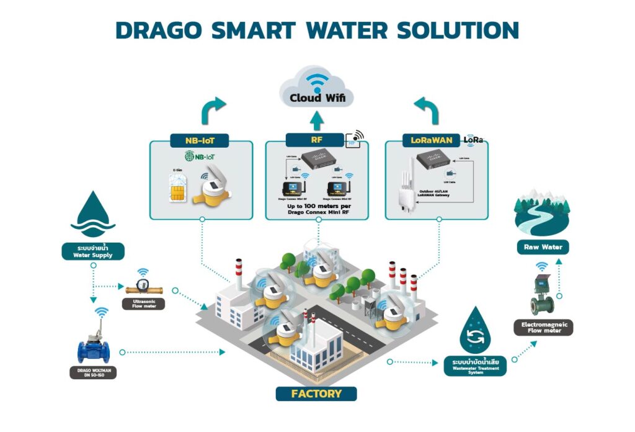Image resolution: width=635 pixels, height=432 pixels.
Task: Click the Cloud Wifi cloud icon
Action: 317,90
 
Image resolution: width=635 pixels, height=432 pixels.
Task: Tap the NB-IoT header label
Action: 201,141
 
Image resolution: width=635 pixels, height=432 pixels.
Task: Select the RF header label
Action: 316,140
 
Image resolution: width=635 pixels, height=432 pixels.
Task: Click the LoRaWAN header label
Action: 432,141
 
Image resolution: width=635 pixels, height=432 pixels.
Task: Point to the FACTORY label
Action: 316,394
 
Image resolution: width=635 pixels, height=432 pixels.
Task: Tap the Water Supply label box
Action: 92,251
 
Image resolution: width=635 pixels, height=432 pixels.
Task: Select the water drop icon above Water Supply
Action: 93,214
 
